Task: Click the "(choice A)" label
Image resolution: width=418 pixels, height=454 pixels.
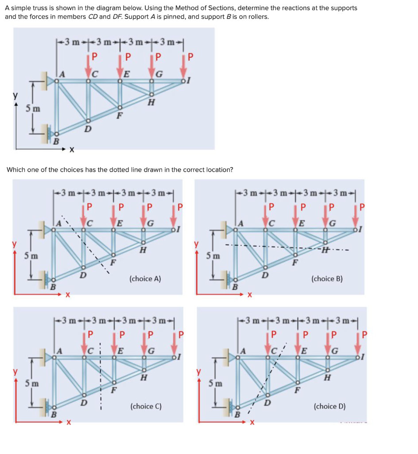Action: tap(145, 279)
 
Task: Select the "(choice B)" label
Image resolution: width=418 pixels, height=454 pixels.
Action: tap(327, 279)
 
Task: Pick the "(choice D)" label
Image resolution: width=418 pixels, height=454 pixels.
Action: tap(329, 406)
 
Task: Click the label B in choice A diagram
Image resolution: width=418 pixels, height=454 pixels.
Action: tap(52, 287)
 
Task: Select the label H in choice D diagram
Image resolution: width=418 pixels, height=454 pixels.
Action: tap(327, 378)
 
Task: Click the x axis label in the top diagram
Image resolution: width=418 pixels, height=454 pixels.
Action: tap(71, 151)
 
